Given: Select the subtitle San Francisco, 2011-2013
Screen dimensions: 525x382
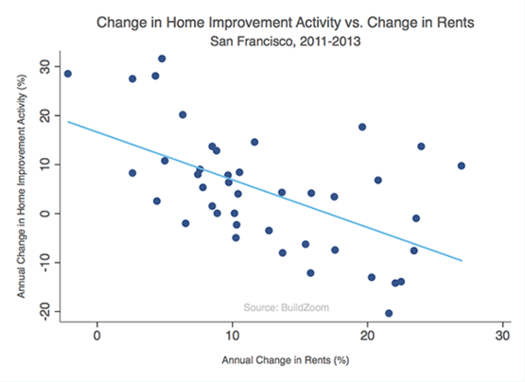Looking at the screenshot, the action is [286, 41].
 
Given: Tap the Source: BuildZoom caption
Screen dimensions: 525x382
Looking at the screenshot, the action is [286, 307].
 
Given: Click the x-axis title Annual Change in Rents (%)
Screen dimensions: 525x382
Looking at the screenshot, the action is [286, 360].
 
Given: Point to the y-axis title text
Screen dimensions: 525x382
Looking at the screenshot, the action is [21, 186].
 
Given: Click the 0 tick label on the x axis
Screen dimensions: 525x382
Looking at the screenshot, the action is [97, 335].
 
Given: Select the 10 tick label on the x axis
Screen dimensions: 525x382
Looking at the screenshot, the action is [232, 335].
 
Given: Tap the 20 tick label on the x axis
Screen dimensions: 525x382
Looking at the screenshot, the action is [367, 335].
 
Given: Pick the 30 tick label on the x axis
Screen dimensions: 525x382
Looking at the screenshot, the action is [503, 335].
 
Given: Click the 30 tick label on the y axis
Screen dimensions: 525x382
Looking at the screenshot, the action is [44, 66].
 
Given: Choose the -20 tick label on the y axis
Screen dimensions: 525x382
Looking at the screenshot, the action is [44, 310].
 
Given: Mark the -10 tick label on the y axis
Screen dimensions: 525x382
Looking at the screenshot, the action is [44, 261].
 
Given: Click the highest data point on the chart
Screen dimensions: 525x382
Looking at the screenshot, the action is [162, 59].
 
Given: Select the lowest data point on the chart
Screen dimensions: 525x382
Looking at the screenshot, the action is [389, 314].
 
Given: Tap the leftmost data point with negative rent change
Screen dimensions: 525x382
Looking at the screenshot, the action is [67, 74].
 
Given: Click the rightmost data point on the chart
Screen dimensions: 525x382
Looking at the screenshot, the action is [461, 166].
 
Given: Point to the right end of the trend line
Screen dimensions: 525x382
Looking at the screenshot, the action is [462, 260].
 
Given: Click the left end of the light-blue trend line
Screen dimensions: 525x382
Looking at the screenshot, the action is [68, 122].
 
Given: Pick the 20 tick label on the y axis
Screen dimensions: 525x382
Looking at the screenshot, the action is [44, 115].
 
